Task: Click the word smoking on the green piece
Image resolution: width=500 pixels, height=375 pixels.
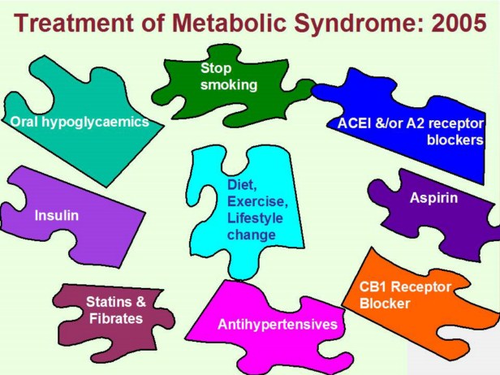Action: coord(229,84)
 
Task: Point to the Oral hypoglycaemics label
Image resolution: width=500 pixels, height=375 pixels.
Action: coord(80,123)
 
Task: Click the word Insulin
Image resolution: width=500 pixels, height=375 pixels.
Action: coord(57,217)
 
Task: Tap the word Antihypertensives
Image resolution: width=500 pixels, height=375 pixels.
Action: coord(277,325)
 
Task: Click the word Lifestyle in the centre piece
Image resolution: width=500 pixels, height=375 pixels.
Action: coord(252,218)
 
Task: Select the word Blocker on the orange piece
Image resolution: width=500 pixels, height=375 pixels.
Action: coord(385,304)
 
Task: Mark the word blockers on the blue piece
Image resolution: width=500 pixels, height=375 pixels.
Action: coord(455,139)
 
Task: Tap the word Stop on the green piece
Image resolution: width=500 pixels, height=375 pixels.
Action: coord(215,68)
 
